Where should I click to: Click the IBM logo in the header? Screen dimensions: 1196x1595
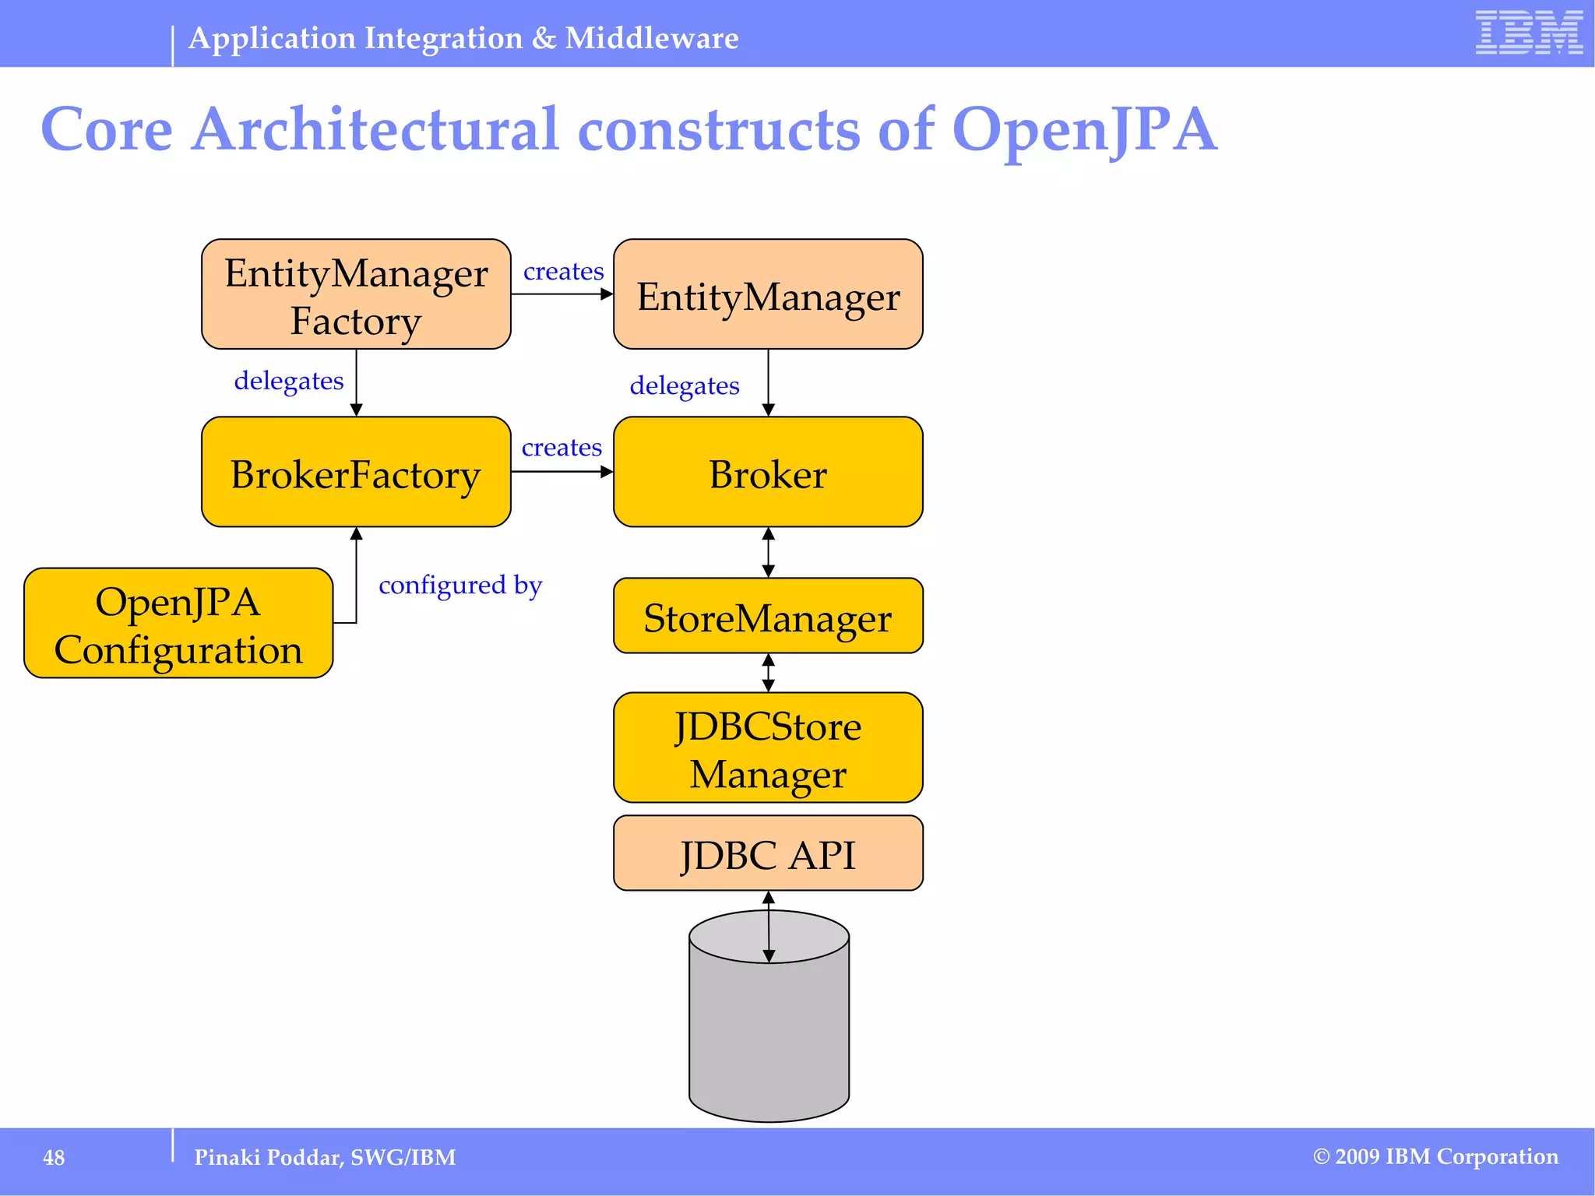coord(1528,33)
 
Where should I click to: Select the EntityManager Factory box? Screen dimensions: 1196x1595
coord(356,294)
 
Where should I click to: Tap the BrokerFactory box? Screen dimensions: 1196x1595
coord(356,472)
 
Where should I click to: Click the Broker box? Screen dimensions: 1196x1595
coord(768,472)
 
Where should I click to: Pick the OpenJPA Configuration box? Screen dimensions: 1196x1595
coord(178,623)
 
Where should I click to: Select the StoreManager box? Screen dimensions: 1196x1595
coord(768,616)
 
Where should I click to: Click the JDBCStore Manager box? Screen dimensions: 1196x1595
coord(768,747)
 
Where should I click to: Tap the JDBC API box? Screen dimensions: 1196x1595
coord(768,853)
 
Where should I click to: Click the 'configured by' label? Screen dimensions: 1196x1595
coord(460,585)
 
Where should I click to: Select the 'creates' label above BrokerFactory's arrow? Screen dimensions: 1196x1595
coord(562,448)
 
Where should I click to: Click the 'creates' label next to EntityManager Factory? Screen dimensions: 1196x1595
coord(563,272)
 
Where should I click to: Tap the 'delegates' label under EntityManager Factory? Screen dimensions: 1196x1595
coord(289,381)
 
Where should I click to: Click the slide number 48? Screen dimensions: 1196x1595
coord(54,1158)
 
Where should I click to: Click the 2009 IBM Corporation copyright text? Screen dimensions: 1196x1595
coord(1435,1157)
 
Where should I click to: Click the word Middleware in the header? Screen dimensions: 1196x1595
coord(651,38)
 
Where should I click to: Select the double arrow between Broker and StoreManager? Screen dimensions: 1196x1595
coord(768,552)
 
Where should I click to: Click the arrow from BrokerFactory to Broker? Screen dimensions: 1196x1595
coord(562,472)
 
